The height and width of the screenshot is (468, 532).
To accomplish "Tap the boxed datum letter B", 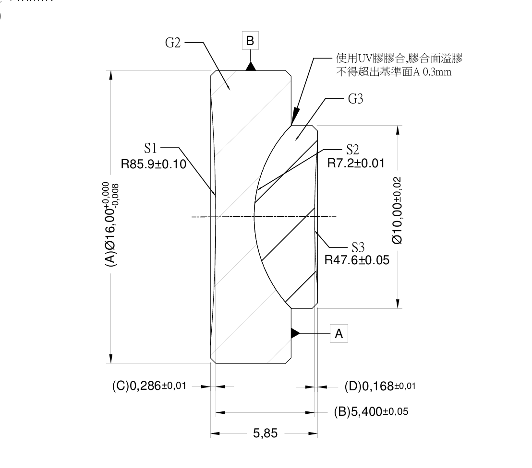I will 250,42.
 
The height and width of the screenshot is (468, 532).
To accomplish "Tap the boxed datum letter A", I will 339,333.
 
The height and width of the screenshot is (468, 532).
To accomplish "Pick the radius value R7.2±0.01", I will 356,164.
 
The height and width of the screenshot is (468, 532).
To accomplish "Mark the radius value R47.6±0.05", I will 357,261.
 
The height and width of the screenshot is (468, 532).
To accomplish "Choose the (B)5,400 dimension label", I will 371,411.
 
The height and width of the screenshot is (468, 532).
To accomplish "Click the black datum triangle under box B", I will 250,66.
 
